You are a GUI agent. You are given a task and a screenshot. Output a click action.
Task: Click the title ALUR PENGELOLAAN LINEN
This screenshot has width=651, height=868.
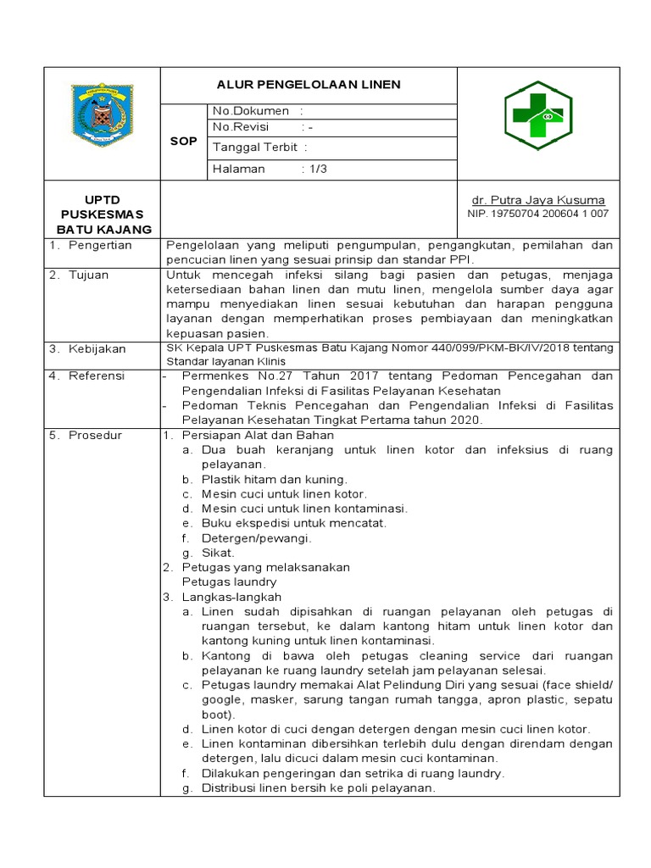pyautogui.click(x=308, y=85)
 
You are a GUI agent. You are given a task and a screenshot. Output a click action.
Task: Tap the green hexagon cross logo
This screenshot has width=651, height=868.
pyautogui.click(x=538, y=116)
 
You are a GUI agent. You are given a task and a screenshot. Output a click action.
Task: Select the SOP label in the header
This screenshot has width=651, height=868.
pyautogui.click(x=183, y=142)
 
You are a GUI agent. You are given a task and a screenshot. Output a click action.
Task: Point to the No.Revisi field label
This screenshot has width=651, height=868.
pyautogui.click(x=241, y=126)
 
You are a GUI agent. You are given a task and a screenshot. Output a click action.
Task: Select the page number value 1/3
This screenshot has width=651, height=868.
pyautogui.click(x=318, y=169)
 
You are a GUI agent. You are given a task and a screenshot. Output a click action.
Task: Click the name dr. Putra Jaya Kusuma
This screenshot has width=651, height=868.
pyautogui.click(x=538, y=200)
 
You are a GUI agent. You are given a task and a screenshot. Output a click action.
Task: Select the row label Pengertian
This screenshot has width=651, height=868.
pyautogui.click(x=100, y=245)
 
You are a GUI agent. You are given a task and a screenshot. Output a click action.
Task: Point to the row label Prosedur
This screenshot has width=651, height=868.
pyautogui.click(x=95, y=435)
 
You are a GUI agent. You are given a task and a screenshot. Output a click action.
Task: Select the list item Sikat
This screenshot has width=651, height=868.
pyautogui.click(x=218, y=552)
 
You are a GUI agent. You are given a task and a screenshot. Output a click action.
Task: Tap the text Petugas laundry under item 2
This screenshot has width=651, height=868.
pyautogui.click(x=230, y=582)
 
